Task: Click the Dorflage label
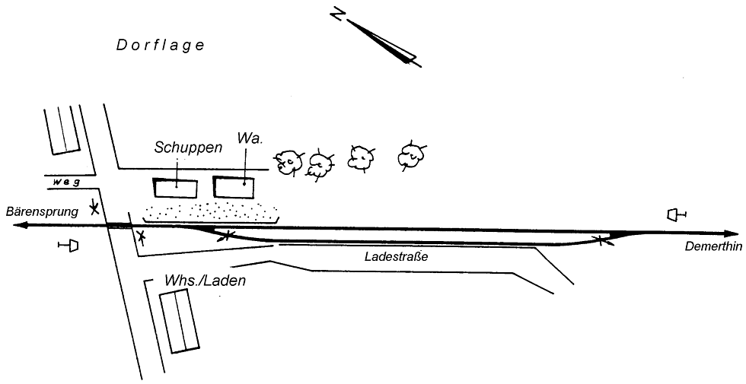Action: [x=161, y=46]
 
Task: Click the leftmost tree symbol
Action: [x=289, y=162]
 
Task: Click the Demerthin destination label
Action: [x=712, y=247]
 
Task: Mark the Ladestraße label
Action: [x=397, y=257]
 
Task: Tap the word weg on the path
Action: [x=68, y=182]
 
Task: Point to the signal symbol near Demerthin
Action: [x=675, y=215]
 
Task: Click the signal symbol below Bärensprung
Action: [x=70, y=246]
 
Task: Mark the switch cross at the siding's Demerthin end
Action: [x=601, y=241]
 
